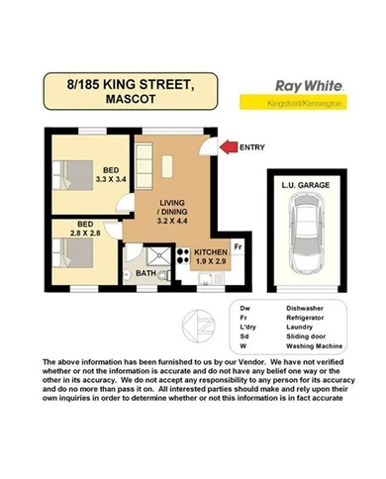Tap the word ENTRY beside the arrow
coord(253,147)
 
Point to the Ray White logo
coord(304,85)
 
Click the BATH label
coord(145,273)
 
